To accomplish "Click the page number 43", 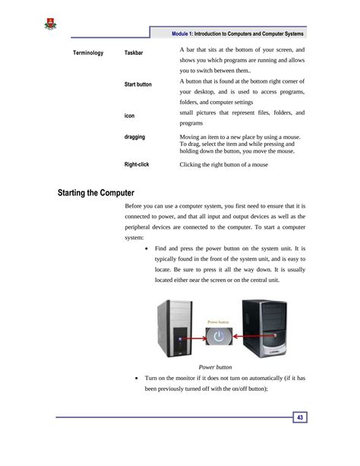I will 301,417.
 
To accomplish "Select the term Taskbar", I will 134,53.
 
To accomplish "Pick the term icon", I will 129,115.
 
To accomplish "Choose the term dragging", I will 134,137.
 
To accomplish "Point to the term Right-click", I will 137,164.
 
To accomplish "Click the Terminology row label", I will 88,53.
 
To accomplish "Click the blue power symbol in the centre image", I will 219,335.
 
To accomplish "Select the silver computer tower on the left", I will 177,328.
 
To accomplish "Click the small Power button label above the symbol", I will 219,322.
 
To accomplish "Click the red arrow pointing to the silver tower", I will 194,335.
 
